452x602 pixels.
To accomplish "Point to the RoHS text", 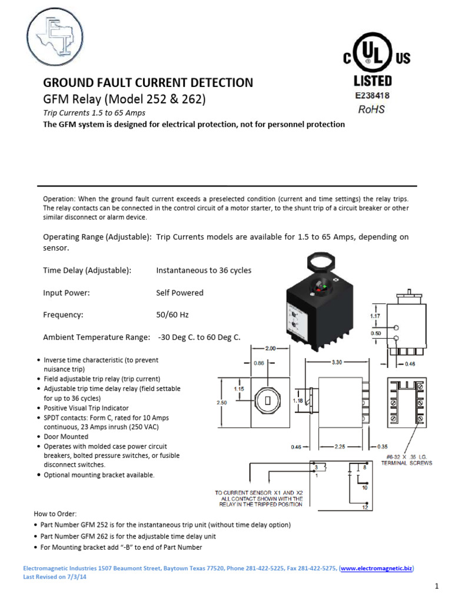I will (372, 109).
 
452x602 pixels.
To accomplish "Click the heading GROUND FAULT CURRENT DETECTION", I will (148, 83).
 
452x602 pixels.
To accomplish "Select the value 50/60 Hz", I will (172, 315).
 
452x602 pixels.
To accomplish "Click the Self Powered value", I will (180, 293).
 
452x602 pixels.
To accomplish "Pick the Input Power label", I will (67, 293).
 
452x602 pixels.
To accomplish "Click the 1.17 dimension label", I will (375, 316).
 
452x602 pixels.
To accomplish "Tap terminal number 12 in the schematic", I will (365, 507).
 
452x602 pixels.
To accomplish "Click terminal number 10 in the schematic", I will (365, 487).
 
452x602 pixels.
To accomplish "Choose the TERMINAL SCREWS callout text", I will (407, 463).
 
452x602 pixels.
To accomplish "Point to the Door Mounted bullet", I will (66, 437).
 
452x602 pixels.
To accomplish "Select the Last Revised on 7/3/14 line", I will (54, 577).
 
